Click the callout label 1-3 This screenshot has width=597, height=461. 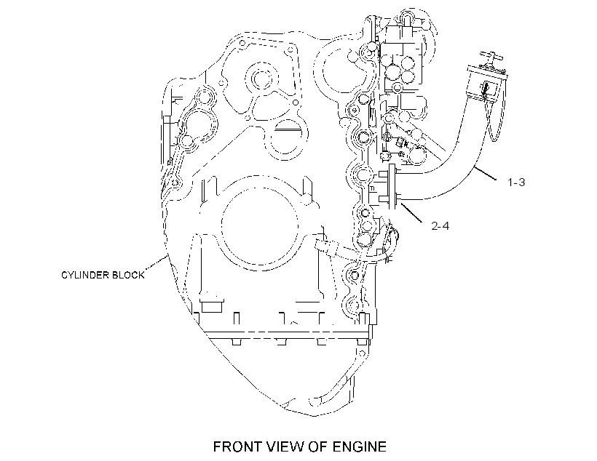pos(516,183)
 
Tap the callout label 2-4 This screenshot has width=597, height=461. pos(440,226)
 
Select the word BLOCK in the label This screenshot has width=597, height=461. pos(126,275)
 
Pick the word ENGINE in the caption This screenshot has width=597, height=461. pos(360,446)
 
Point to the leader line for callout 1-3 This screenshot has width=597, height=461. pos(486,174)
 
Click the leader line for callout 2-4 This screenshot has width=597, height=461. pos(411,212)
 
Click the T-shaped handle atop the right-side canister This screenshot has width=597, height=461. pos(491,58)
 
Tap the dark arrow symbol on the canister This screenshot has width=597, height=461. pos(485,89)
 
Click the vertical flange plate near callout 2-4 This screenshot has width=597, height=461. pos(392,187)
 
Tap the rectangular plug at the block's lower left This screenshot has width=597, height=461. pos(212,306)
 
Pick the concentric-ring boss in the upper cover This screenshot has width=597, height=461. pos(261,79)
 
